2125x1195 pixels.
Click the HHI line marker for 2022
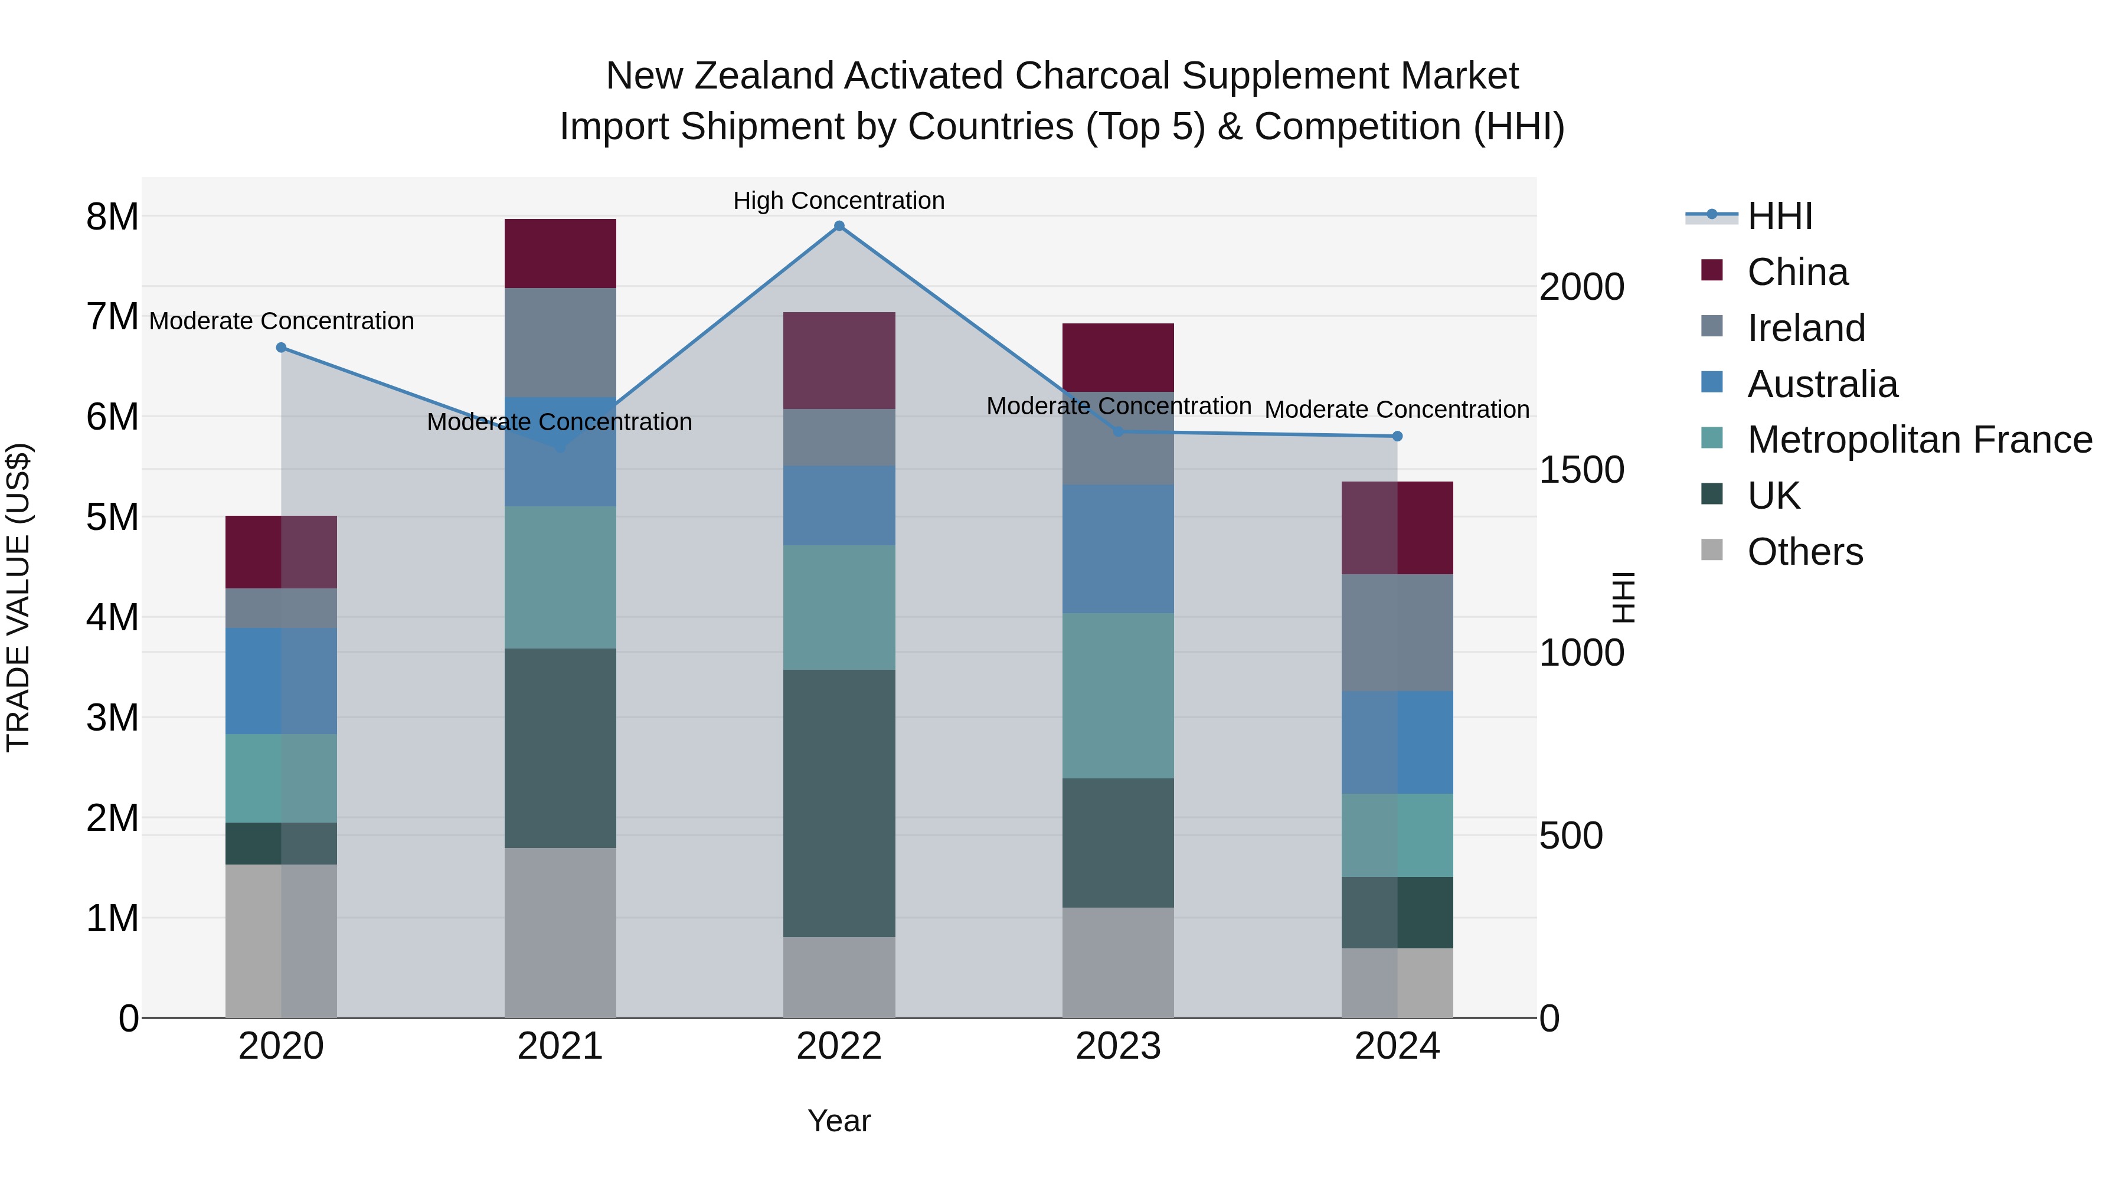839,226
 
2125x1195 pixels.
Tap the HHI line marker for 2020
282,348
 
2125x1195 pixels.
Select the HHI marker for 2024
1397,436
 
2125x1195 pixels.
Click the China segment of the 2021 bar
560,253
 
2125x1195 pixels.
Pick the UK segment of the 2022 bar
839,803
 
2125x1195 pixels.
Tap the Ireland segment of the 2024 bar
1397,633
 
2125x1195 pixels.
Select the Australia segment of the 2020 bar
282,681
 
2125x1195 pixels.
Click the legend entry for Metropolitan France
1919,440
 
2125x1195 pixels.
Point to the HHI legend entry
1779,216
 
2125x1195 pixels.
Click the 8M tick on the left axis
112,217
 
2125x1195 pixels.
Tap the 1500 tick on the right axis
1581,470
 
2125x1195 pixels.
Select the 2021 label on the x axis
560,1046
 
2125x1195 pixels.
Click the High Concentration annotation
839,201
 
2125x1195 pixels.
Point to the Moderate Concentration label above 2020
282,321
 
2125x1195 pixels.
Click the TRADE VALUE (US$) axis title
18,597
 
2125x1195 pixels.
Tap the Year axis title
839,1121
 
